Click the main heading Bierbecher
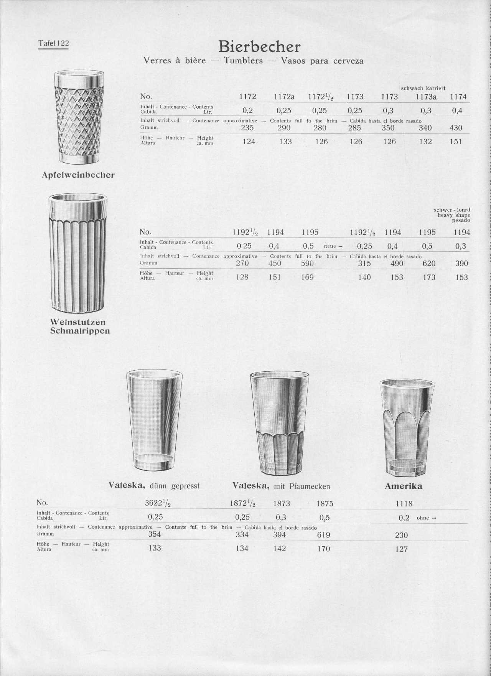tap(259, 47)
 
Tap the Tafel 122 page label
tap(53, 43)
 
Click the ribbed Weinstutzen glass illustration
tap(78, 254)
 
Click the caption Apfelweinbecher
tap(78, 175)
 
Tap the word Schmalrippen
tap(80, 331)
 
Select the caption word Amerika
tap(403, 486)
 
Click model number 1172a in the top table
tap(284, 97)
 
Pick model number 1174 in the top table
tap(458, 97)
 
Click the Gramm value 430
tap(456, 128)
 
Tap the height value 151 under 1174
tap(456, 142)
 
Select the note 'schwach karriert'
tap(423, 88)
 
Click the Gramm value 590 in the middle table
tap(307, 263)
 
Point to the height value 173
tap(429, 277)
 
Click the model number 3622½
tap(157, 504)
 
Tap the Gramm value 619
tap(324, 535)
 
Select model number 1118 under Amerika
tap(404, 504)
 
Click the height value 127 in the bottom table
tap(401, 549)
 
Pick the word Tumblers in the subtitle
tap(244, 61)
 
